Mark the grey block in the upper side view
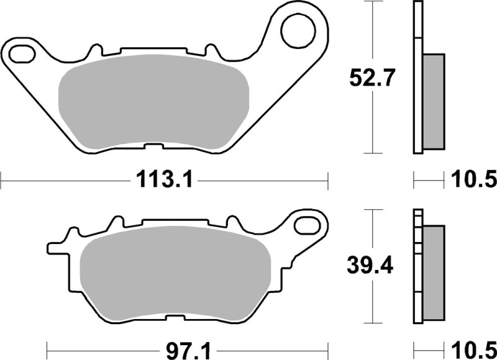click(x=434, y=101)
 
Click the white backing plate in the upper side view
click(x=417, y=78)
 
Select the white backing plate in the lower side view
click(x=417, y=273)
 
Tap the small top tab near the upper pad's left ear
click(x=95, y=50)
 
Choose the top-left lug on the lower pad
click(x=114, y=223)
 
